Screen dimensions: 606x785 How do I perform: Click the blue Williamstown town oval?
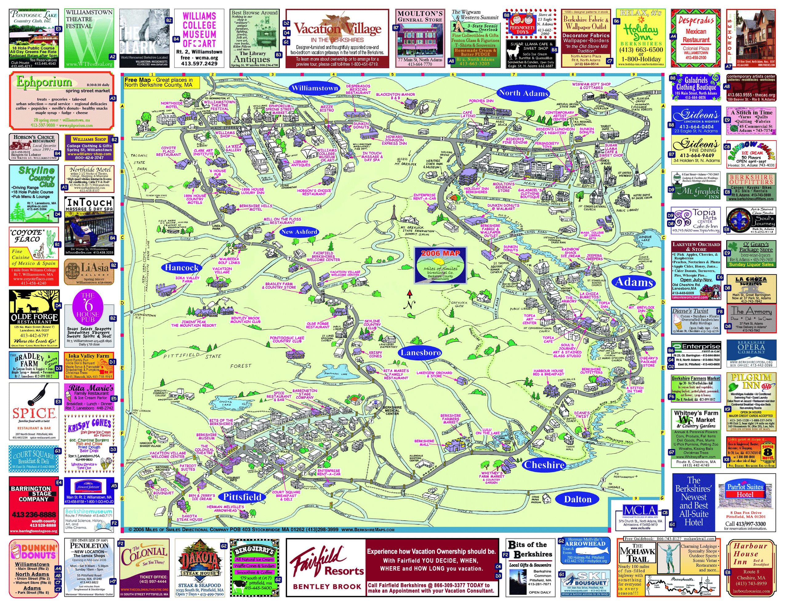tap(315, 88)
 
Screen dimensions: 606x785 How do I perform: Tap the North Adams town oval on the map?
tap(523, 93)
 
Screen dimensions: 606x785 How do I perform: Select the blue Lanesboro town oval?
tap(421, 353)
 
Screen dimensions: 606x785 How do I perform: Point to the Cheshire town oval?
tap(544, 464)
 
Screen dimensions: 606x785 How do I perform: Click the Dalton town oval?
tap(578, 499)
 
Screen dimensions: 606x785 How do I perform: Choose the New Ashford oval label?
tap(299, 232)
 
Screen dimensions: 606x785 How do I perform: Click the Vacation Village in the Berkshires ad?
tap(337, 38)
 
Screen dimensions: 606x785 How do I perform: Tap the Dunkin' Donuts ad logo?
tap(34, 551)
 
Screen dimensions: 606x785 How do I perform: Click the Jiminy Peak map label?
tap(193, 323)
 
